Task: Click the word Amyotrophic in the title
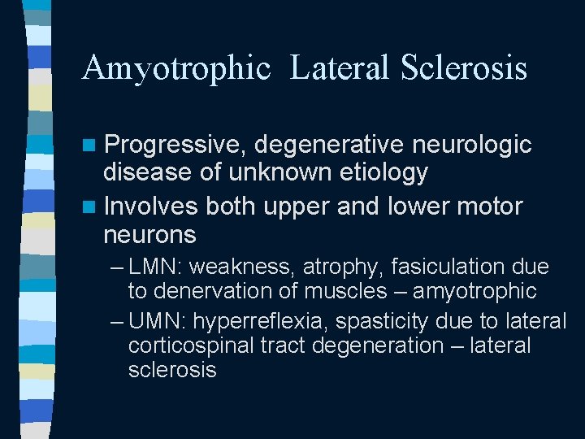pyautogui.click(x=175, y=68)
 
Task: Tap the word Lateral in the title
pyautogui.click(x=342, y=68)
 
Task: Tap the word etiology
pyautogui.click(x=378, y=172)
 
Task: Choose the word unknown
pyautogui.click(x=274, y=172)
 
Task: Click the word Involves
pyautogui.click(x=152, y=207)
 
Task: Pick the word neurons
pyautogui.click(x=150, y=235)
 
